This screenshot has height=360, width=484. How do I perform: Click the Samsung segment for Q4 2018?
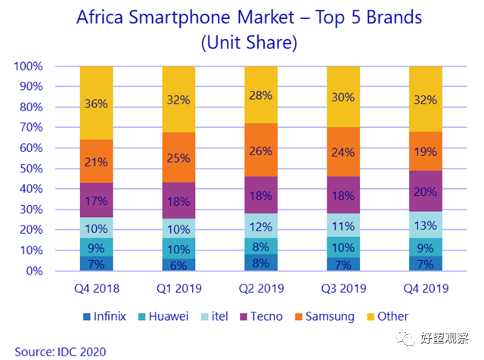[x=96, y=161]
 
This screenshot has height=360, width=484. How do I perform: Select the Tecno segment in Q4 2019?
[x=426, y=191]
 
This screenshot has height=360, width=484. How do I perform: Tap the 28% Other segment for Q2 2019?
[x=261, y=95]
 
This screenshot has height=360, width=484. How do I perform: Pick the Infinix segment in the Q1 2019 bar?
[x=178, y=265]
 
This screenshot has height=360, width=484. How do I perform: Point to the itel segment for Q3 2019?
[x=343, y=225]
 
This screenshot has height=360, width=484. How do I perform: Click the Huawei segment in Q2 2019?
[x=261, y=246]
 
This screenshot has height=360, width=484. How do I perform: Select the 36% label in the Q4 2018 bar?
[x=96, y=104]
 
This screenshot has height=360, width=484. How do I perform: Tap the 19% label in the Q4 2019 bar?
[x=426, y=151]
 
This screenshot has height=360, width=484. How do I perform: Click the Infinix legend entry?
[x=104, y=316]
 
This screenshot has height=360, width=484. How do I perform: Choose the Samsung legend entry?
[x=324, y=317]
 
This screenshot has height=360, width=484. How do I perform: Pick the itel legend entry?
[x=215, y=316]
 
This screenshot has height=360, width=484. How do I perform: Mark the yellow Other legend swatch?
[x=371, y=317]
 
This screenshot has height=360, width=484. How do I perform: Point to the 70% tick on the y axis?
[x=31, y=127]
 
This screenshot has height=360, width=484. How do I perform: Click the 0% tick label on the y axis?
[x=35, y=271]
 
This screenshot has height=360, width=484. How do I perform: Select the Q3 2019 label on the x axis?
[x=343, y=288]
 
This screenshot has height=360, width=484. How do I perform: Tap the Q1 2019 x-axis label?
[x=179, y=288]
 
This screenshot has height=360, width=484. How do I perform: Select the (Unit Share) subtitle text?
[x=249, y=42]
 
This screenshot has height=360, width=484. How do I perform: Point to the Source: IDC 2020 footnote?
[x=60, y=352]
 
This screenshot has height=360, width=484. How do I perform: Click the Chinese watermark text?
[x=444, y=338]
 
